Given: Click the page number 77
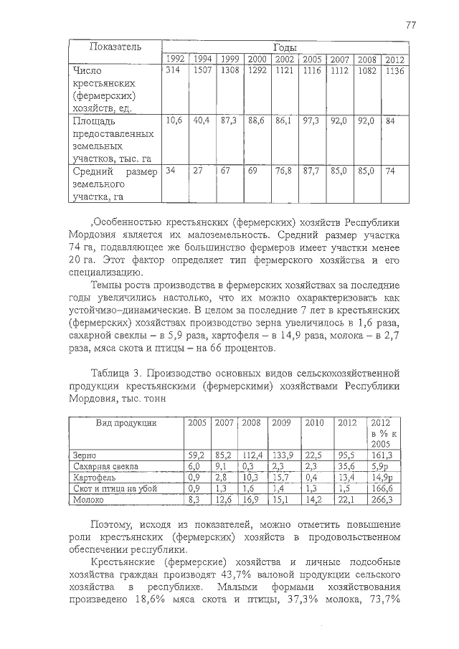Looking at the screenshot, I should click(x=411, y=24).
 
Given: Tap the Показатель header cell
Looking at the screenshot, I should click(x=115, y=47).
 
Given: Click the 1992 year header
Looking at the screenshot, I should click(x=176, y=60).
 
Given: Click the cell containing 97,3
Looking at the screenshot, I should click(x=311, y=121).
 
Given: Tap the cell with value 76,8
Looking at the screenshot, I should click(x=285, y=171).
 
